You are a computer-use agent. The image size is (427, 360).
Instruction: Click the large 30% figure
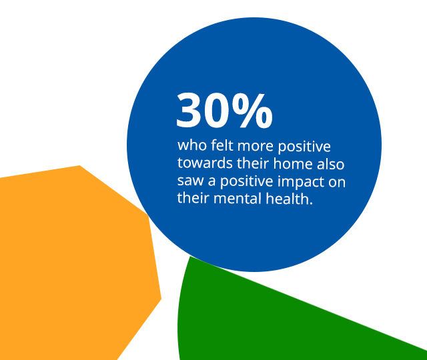(224, 110)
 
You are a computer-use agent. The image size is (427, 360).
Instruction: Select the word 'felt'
(222, 145)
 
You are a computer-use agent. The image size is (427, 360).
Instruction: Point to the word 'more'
(256, 147)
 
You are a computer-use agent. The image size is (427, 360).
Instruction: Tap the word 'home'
(293, 163)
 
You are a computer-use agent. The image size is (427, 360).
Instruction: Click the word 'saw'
(190, 182)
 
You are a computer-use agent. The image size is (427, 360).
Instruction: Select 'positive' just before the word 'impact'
(246, 182)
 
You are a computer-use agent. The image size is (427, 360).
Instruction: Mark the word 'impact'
(301, 182)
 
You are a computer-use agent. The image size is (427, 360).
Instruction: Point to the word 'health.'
(289, 198)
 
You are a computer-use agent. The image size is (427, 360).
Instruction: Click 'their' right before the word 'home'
(253, 163)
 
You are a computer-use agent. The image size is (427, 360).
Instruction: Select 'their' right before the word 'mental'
(193, 198)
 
